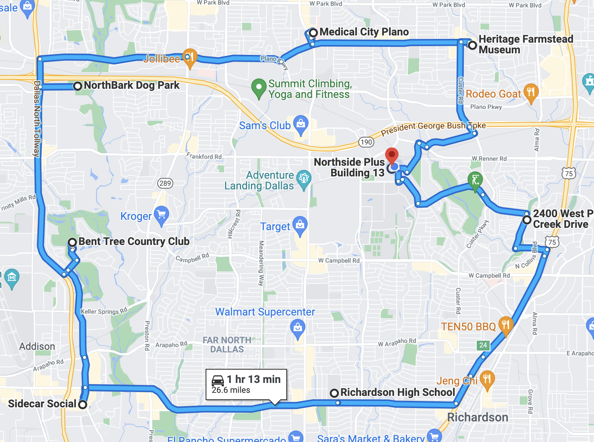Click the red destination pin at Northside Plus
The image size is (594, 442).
click(392, 155)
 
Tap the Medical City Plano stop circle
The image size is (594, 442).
click(313, 33)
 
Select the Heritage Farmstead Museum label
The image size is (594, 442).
click(525, 45)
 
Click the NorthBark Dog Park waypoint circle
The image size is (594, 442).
click(78, 86)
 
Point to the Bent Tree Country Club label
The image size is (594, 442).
click(134, 242)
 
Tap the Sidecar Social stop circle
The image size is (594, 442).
click(83, 404)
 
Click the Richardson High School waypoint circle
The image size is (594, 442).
click(334, 393)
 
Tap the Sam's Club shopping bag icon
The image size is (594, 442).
click(301, 124)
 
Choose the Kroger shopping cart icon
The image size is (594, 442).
click(161, 215)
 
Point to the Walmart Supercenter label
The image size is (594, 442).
click(265, 312)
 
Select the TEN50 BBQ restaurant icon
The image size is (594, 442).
click(506, 325)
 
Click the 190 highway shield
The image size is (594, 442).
click(366, 142)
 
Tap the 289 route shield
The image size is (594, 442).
click(165, 183)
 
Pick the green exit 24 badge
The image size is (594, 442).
click(483, 345)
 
